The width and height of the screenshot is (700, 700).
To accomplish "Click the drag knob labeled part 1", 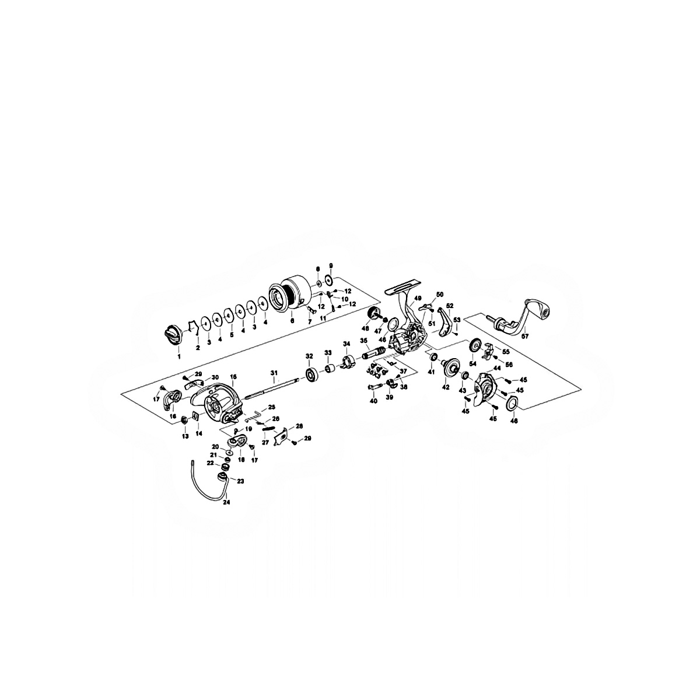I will pos(173,335).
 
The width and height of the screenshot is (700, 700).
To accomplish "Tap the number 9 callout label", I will pos(331,265).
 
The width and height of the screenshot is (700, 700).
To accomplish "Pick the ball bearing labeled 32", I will pos(309,373).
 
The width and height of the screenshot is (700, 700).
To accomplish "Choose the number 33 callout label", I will pos(328,353).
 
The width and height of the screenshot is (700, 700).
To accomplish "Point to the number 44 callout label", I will pos(497,369).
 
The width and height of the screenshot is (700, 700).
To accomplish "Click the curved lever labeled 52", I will pos(447,324).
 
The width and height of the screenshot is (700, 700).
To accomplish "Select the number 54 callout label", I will pos(471,363).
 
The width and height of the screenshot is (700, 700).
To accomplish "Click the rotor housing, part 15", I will pos(216,403).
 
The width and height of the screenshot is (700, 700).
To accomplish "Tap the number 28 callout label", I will pos(299,426).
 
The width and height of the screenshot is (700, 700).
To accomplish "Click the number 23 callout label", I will pos(240,481).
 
